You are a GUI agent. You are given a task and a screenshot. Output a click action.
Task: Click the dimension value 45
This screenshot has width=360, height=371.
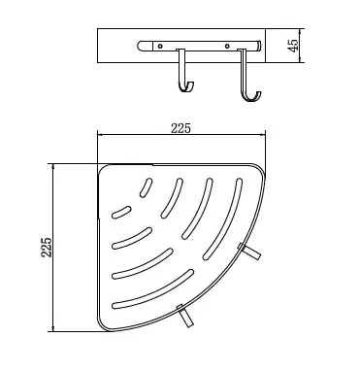click(x=293, y=46)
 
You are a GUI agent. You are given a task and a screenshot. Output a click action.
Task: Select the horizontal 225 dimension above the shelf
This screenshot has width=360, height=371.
click(x=180, y=128)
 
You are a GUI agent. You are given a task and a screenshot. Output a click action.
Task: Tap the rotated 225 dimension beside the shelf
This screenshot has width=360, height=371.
click(x=47, y=248)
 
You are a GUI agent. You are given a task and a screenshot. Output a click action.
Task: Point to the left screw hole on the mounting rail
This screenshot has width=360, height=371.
click(x=160, y=47)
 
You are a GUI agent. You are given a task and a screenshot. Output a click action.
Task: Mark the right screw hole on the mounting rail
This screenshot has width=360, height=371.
click(x=227, y=47)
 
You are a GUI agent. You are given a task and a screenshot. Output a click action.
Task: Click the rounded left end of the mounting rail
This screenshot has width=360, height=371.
click(x=140, y=46)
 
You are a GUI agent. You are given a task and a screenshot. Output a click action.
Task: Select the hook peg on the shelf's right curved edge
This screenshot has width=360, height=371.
click(x=250, y=252)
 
